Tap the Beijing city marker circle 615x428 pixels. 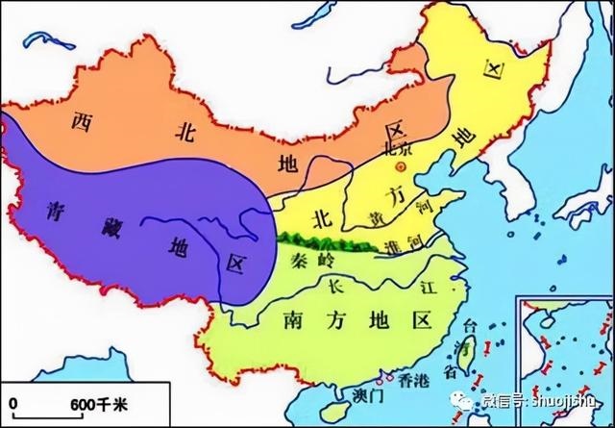403,166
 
